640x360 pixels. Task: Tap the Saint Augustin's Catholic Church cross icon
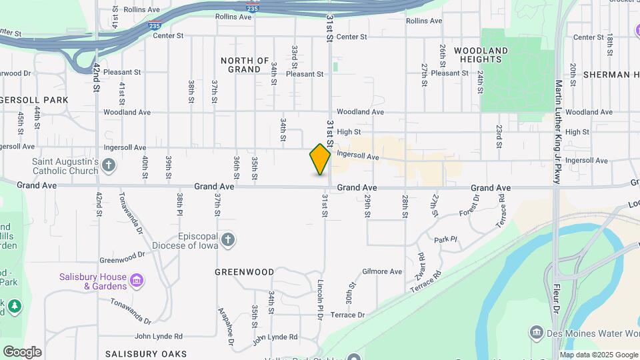pyautogui.click(x=109, y=164)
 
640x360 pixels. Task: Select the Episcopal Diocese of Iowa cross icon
pyautogui.click(x=228, y=239)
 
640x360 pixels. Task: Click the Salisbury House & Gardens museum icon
pyautogui.click(x=137, y=280)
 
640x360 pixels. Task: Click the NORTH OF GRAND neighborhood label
pyautogui.click(x=244, y=65)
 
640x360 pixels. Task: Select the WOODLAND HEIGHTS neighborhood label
pyautogui.click(x=481, y=55)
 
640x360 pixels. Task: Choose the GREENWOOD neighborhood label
pyautogui.click(x=245, y=272)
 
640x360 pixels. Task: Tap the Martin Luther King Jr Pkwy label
pyautogui.click(x=559, y=133)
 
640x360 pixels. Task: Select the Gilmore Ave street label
pyautogui.click(x=382, y=271)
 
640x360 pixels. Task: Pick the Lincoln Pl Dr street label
pyautogui.click(x=320, y=300)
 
